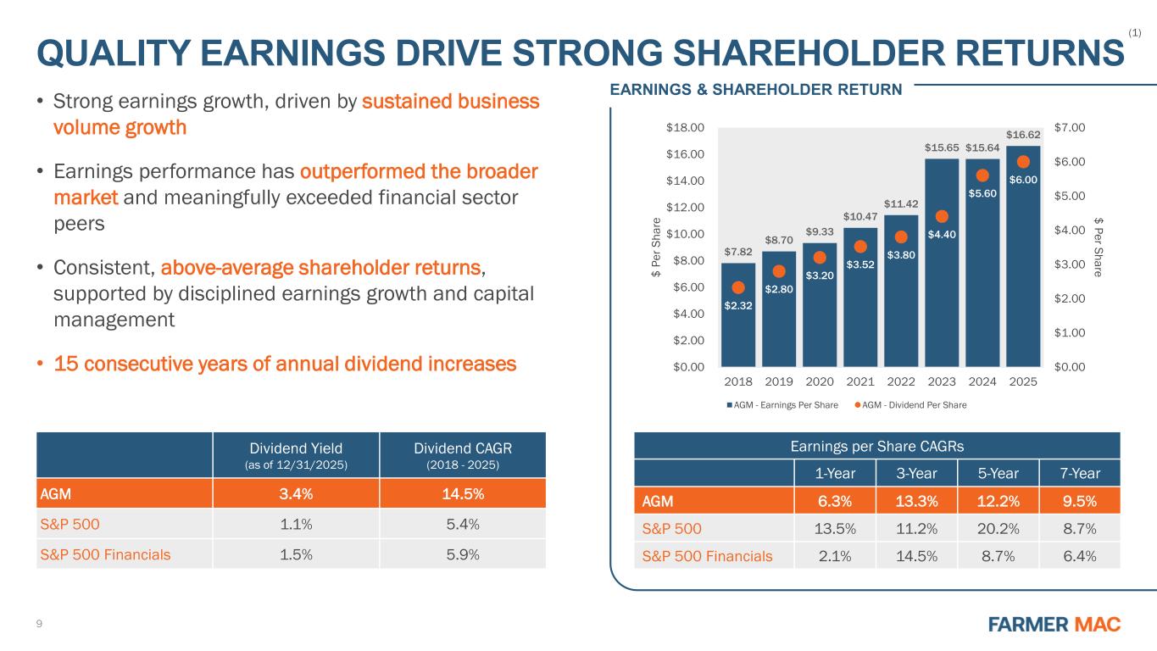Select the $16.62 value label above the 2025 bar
point(1023,134)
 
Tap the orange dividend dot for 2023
point(942,217)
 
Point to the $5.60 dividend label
point(982,193)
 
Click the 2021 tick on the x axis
point(860,382)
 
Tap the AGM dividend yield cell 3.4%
point(295,493)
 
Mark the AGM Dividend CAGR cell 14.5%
point(463,493)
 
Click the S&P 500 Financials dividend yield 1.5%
point(295,555)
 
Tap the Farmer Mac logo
point(1054,625)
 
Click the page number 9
point(39,625)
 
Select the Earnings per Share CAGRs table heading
point(877,446)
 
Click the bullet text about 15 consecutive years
point(285,364)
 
